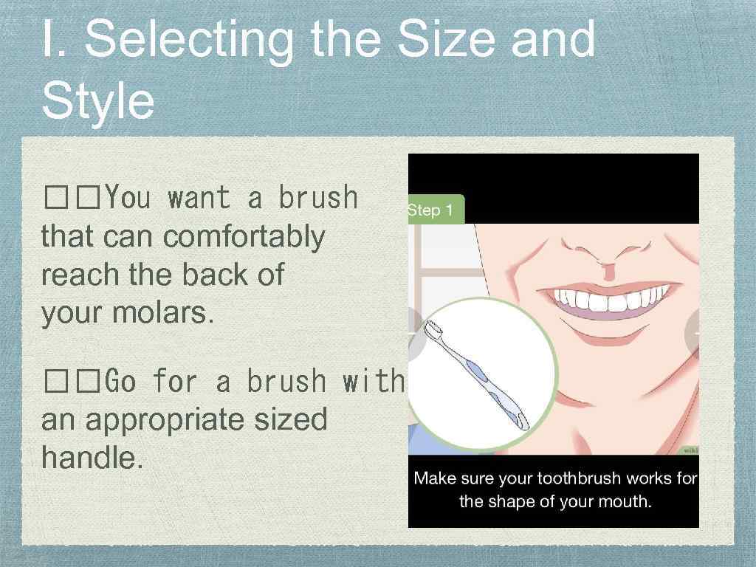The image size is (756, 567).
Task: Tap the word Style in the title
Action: click(98, 101)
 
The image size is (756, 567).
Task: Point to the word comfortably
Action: click(244, 237)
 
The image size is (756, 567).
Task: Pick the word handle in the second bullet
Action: click(92, 458)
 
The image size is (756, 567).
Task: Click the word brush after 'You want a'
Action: click(317, 198)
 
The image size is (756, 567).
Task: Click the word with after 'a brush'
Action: click(374, 382)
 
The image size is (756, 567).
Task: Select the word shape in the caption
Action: click(512, 502)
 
